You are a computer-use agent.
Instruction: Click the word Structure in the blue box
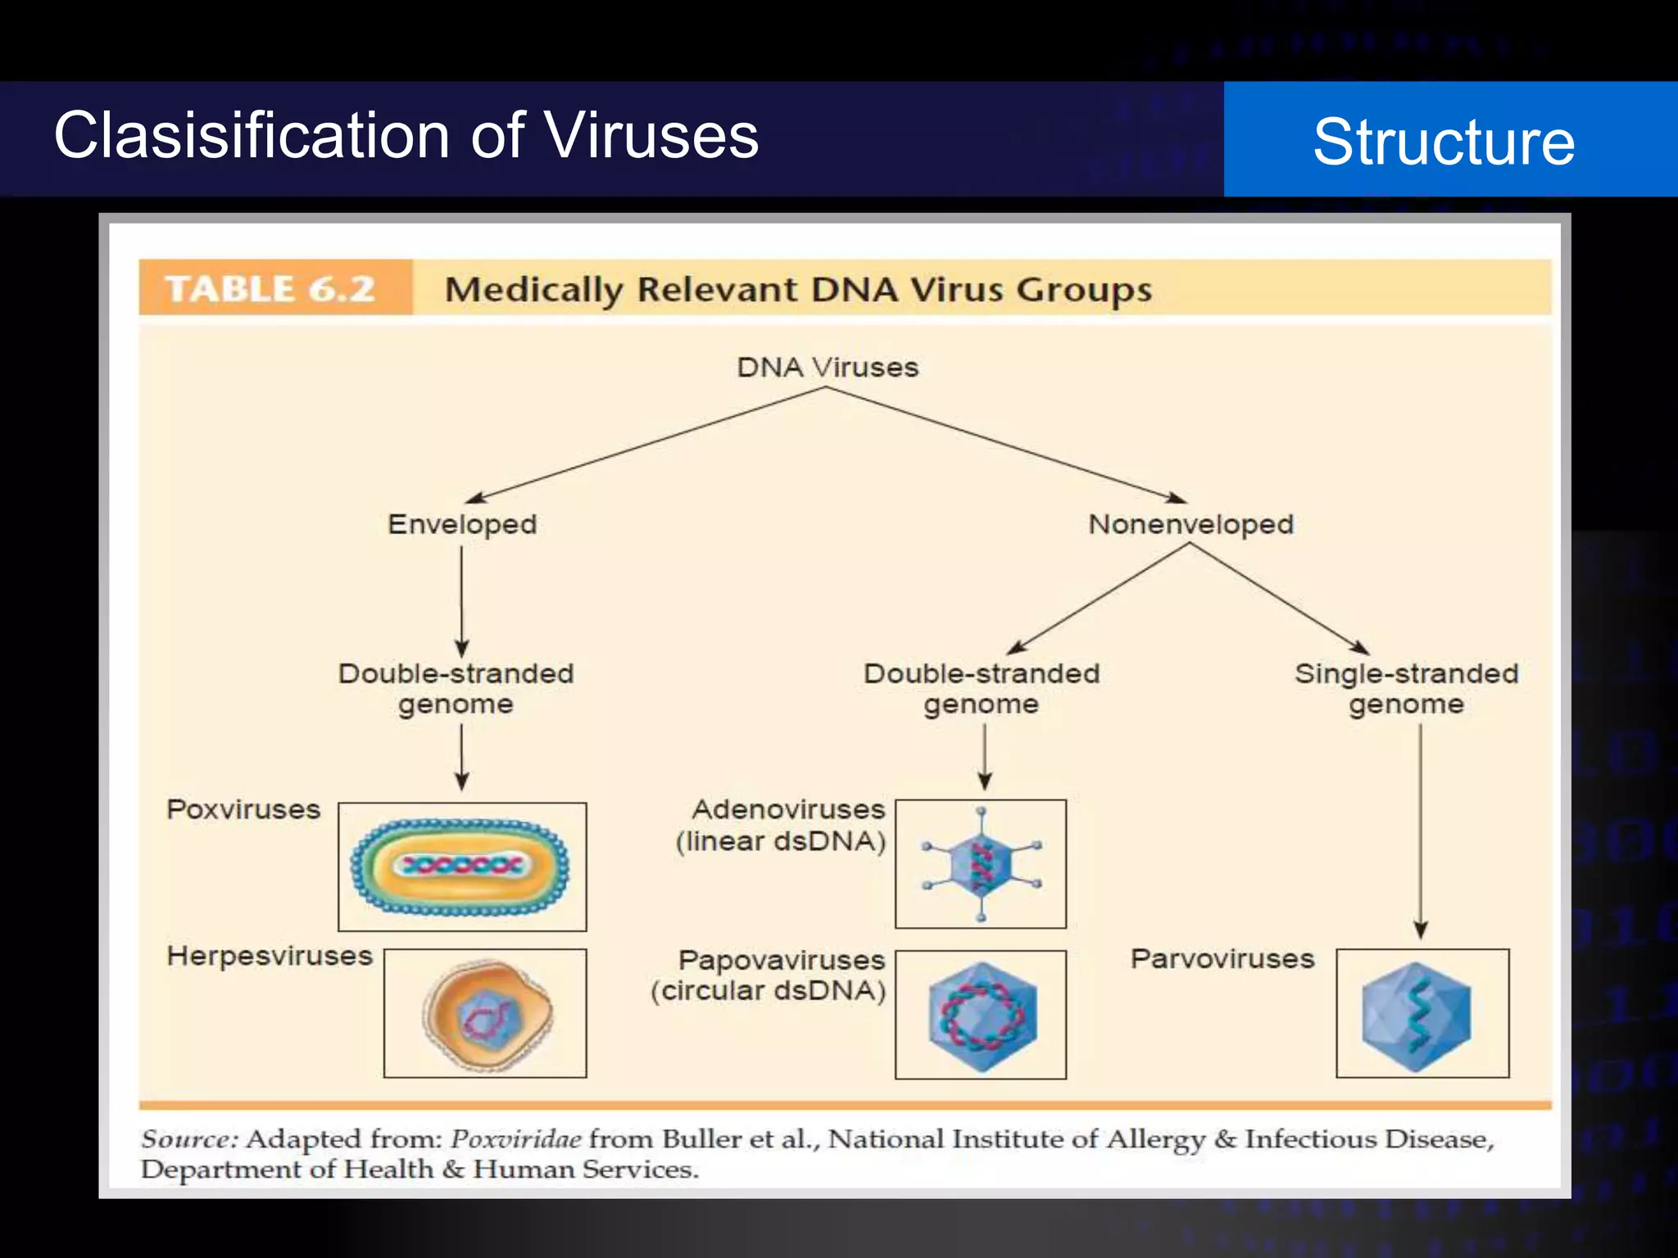click(1444, 142)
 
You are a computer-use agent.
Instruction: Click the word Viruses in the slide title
click(651, 135)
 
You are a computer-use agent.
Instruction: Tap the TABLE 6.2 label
click(270, 289)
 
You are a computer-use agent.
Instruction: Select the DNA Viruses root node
click(827, 367)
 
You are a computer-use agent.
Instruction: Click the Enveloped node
click(462, 524)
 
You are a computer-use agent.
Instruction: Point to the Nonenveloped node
click(1190, 524)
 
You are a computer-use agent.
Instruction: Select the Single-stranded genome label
click(1406, 688)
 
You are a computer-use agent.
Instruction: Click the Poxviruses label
click(243, 809)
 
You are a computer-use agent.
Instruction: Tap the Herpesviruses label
click(270, 956)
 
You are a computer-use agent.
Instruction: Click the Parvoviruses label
click(1222, 958)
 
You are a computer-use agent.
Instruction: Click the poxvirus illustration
click(462, 867)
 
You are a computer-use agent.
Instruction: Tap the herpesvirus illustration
click(486, 1014)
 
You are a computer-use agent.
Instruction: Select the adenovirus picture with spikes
click(981, 864)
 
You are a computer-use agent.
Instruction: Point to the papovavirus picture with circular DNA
click(981, 1016)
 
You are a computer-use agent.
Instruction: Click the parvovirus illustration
click(1422, 1014)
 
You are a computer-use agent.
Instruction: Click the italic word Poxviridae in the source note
click(516, 1139)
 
